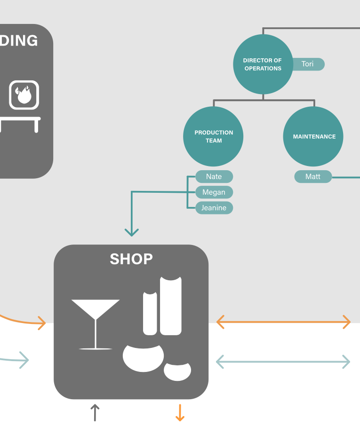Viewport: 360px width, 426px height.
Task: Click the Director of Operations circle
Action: coord(263,64)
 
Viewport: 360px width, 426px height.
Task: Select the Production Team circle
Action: coord(214,136)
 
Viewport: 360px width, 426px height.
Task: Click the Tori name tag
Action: coord(308,64)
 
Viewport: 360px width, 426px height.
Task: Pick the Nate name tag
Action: coord(214,177)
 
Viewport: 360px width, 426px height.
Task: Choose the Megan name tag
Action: coord(214,192)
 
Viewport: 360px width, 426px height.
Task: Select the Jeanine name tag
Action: coord(214,208)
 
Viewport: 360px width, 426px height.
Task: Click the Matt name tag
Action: coord(313,177)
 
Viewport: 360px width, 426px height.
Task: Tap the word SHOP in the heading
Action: coord(131,259)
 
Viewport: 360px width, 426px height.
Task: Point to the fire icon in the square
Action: coord(24,95)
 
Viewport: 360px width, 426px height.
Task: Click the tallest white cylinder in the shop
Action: coord(170,306)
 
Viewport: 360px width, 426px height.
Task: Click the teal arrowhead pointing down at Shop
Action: coord(132,232)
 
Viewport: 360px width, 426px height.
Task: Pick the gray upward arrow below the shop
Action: coord(95,412)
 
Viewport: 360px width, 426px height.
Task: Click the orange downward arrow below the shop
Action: coord(179,412)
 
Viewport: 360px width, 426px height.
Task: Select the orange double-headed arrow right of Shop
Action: coord(283,322)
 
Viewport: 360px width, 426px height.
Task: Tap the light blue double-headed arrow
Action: coord(283,362)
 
